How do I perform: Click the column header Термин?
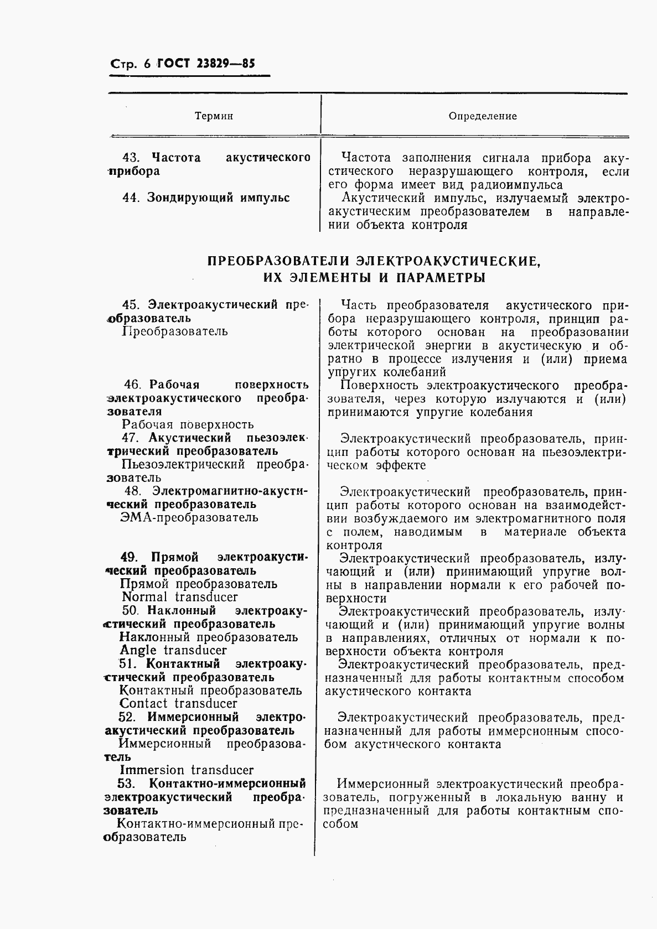(x=214, y=116)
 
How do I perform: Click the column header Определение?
(x=483, y=116)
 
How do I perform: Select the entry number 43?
(x=133, y=158)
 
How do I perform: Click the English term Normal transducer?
(x=179, y=597)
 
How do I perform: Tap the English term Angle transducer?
(x=173, y=650)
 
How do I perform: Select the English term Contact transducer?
(x=178, y=703)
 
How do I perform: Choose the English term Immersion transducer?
(x=187, y=770)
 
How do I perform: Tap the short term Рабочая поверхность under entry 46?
(x=188, y=424)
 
